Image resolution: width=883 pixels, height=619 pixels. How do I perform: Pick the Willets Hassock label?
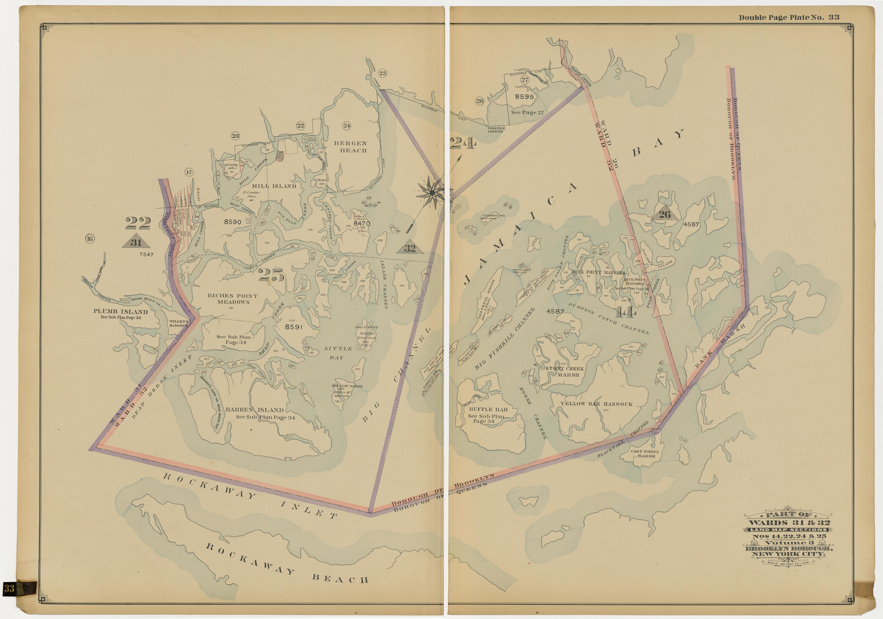178,323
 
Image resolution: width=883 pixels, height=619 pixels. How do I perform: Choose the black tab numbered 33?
10,588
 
